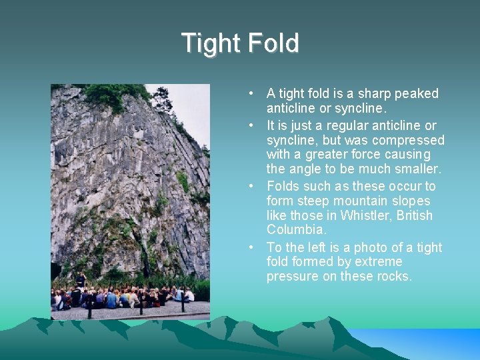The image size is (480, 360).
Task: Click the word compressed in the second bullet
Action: tap(408, 140)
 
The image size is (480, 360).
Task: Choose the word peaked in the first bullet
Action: tap(417, 93)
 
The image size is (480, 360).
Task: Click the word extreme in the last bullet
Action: tap(379, 261)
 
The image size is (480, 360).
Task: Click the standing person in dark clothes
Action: tap(81, 281)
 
